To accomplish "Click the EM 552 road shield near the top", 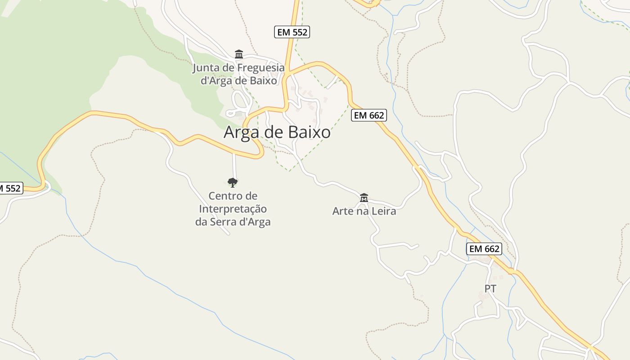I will point(292,32).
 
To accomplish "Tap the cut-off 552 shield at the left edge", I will point(10,188).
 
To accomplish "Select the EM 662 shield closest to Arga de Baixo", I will point(369,115).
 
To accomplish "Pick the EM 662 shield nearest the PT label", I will point(484,249).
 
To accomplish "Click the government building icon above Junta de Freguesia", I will point(239,54).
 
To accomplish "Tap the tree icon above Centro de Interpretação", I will point(233,182).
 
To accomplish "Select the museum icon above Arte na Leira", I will point(364,198).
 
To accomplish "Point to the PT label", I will point(490,289).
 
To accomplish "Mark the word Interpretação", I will point(233,209).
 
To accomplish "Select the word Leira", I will point(384,211).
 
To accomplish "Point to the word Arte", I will point(343,211).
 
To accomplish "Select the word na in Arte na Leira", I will point(363,211).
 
